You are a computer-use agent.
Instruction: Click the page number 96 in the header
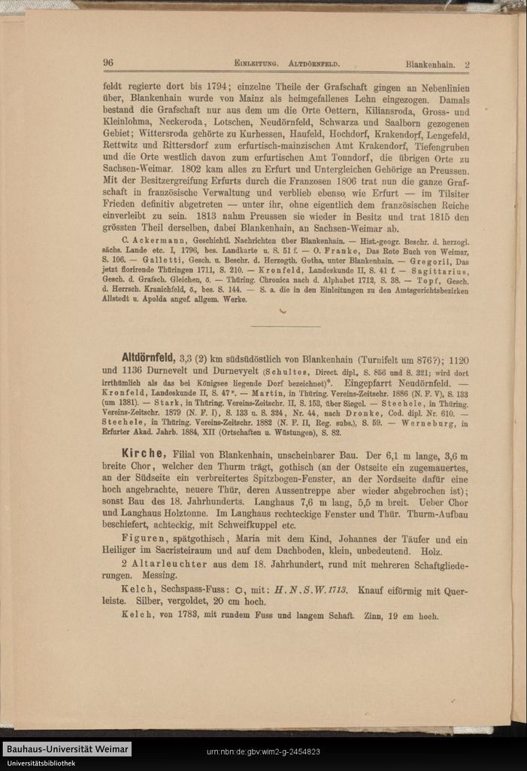(x=108, y=62)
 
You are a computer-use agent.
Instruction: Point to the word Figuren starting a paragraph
(x=142, y=539)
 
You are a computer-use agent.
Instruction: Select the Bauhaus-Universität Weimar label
(x=67, y=749)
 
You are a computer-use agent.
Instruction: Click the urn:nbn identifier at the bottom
(x=263, y=752)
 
